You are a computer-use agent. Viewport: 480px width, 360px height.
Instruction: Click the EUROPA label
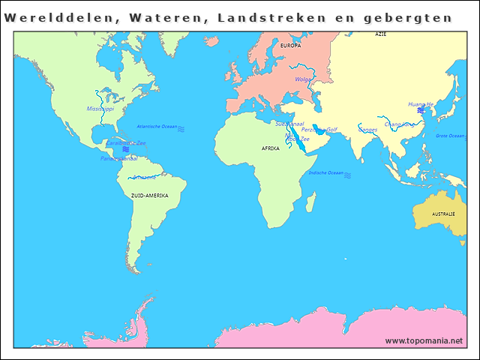(x=290, y=46)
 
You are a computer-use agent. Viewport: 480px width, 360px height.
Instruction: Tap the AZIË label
(x=381, y=35)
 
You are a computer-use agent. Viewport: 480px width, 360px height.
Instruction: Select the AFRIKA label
(x=270, y=148)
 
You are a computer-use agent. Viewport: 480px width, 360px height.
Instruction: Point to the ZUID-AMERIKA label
(x=149, y=196)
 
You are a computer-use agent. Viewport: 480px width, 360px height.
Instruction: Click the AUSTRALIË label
(x=443, y=214)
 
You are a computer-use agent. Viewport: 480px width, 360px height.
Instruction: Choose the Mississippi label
(x=100, y=109)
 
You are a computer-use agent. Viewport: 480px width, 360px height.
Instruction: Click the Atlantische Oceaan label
(x=157, y=127)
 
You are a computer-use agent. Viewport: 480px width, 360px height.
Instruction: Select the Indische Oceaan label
(x=326, y=172)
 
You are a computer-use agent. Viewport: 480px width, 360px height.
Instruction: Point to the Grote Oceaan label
(x=451, y=136)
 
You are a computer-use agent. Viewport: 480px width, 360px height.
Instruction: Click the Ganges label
(x=367, y=130)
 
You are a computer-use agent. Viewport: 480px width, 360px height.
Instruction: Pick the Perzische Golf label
(x=319, y=130)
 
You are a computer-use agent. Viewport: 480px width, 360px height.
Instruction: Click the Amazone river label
(x=144, y=177)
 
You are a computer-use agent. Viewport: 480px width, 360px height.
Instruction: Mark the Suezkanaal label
(x=289, y=124)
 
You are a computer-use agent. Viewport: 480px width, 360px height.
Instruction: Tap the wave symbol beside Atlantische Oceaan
(x=181, y=128)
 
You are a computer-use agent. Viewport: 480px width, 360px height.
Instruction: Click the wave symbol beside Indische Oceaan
(x=347, y=174)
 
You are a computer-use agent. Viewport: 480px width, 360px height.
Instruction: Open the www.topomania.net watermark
(x=424, y=341)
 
